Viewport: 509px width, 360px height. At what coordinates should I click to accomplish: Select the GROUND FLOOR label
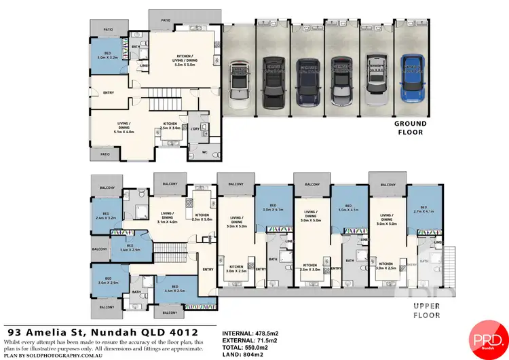coord(410,128)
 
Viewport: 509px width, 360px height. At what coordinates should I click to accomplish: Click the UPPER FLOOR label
coord(426,310)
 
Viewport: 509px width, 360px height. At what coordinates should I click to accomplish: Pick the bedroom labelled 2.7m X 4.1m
coord(423,209)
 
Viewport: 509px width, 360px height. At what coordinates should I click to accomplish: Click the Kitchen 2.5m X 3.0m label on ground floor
coord(170,126)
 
